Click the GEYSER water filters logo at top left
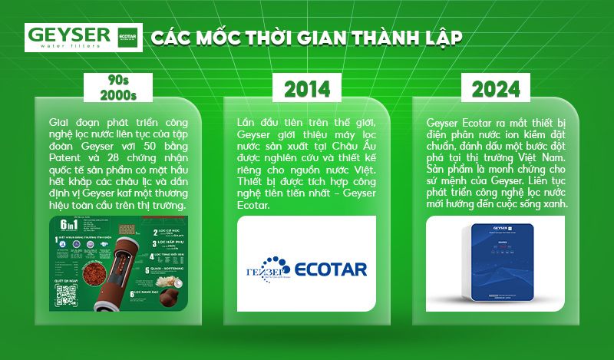point(69,37)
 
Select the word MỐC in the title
point(205,38)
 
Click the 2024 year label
point(496,89)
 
